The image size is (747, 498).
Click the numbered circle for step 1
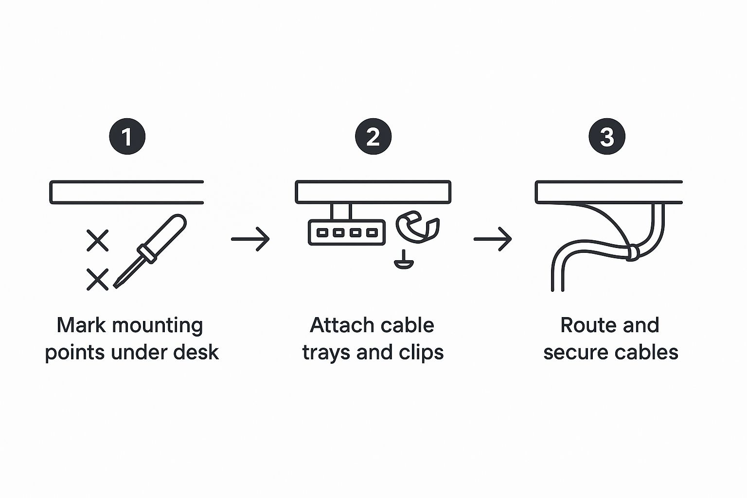coord(127,137)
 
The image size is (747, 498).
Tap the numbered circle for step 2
coord(373,137)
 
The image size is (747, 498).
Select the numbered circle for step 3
coord(607,137)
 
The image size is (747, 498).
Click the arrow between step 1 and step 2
coord(250,239)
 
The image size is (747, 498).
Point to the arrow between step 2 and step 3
coord(493,239)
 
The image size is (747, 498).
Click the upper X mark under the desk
coord(97,240)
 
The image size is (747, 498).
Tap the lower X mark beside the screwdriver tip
coord(97,280)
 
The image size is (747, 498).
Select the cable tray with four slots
coord(346,232)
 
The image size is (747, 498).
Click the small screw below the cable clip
coord(404,261)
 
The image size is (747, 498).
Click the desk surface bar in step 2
coord(373,192)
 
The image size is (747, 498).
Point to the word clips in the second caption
coord(421,352)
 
